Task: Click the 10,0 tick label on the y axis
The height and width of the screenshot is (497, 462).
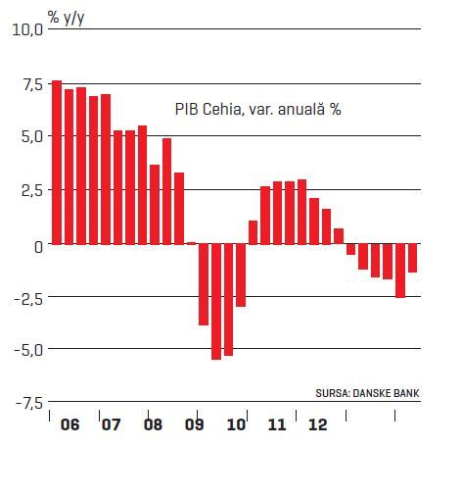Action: coord(27,29)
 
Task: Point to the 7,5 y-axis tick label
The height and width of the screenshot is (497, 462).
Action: coord(32,84)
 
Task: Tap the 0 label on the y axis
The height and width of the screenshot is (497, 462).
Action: coord(38,247)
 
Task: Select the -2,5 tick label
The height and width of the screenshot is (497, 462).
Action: coord(28,299)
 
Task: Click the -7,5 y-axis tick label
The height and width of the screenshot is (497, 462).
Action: coord(29,404)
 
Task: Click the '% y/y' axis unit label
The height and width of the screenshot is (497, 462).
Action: coord(66,18)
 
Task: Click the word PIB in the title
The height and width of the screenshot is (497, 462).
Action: coord(187,109)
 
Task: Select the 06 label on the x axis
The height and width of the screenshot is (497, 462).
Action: coord(69,424)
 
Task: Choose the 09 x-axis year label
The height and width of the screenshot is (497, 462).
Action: coord(194,424)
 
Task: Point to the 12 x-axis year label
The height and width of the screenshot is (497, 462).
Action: coord(317,424)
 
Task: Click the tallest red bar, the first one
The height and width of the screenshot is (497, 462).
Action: coord(57,163)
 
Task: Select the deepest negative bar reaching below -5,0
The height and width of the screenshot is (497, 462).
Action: coord(216,301)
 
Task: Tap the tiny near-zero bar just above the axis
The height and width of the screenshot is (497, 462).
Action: coord(191,243)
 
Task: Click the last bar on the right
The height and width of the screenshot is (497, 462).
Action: coord(412,258)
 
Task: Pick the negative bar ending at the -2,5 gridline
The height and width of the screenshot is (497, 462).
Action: coord(400,271)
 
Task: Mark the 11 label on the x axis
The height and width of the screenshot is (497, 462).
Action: coord(277,424)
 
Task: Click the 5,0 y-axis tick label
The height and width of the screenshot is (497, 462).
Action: coord(32,136)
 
